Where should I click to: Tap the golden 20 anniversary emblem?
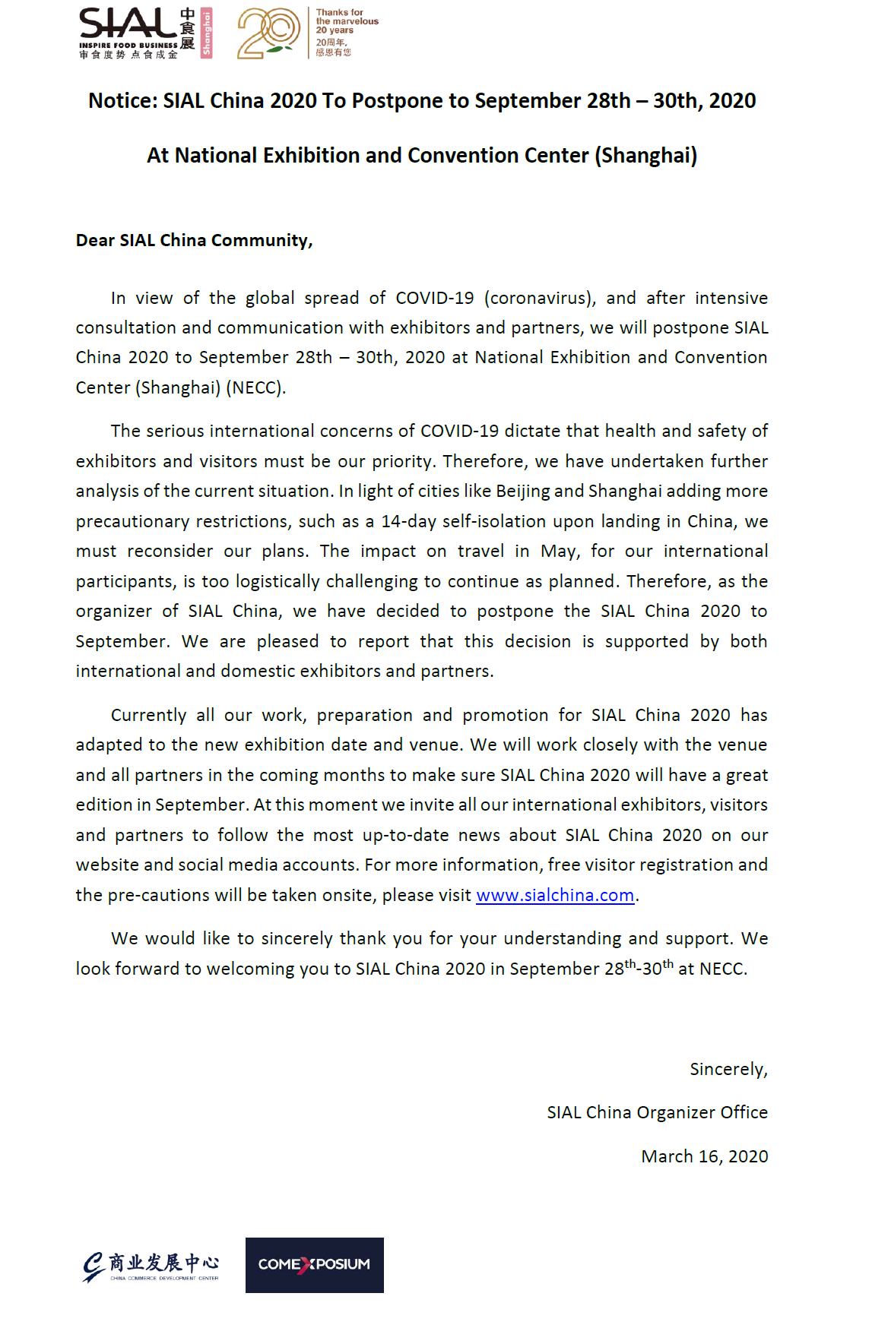(x=268, y=33)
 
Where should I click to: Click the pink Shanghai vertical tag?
(x=206, y=33)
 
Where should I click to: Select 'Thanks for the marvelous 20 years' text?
(x=346, y=21)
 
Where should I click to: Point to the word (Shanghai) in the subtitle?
(x=645, y=156)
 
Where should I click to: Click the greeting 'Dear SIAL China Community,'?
(x=194, y=241)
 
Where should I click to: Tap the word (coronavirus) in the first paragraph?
(x=540, y=298)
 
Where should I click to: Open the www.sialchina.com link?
(x=555, y=896)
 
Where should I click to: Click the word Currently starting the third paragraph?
(x=148, y=716)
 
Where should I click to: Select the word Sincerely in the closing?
(x=728, y=1070)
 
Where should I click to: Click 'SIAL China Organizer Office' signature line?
(x=657, y=1113)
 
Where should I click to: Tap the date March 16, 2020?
(x=704, y=1157)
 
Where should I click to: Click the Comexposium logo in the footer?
(x=314, y=1265)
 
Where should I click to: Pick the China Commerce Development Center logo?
(x=151, y=1266)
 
